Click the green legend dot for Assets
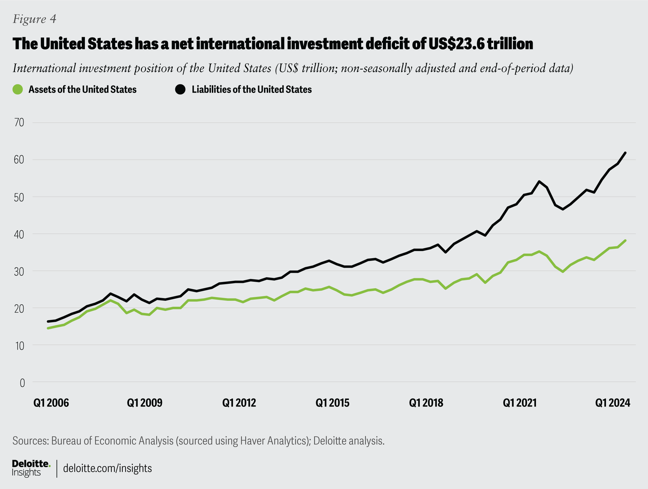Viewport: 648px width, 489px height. (18, 89)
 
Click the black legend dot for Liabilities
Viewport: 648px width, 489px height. (180, 89)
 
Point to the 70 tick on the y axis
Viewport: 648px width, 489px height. (19, 122)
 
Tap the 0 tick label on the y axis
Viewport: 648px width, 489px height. (22, 383)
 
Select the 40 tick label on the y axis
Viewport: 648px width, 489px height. (19, 234)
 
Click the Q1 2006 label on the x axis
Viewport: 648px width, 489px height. (51, 403)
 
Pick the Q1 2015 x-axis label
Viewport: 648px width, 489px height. (332, 403)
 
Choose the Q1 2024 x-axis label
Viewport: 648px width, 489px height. (613, 403)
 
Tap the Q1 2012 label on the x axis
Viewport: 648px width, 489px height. (239, 403)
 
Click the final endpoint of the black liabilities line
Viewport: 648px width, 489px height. (625, 153)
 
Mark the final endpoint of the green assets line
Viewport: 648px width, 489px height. (625, 241)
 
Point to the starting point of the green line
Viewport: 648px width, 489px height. (48, 328)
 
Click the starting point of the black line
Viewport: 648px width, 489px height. (48, 322)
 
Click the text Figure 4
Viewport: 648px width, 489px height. (35, 19)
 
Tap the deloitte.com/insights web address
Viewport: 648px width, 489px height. (108, 468)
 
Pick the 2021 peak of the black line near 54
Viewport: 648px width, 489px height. (539, 181)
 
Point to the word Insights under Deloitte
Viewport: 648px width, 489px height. (26, 473)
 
